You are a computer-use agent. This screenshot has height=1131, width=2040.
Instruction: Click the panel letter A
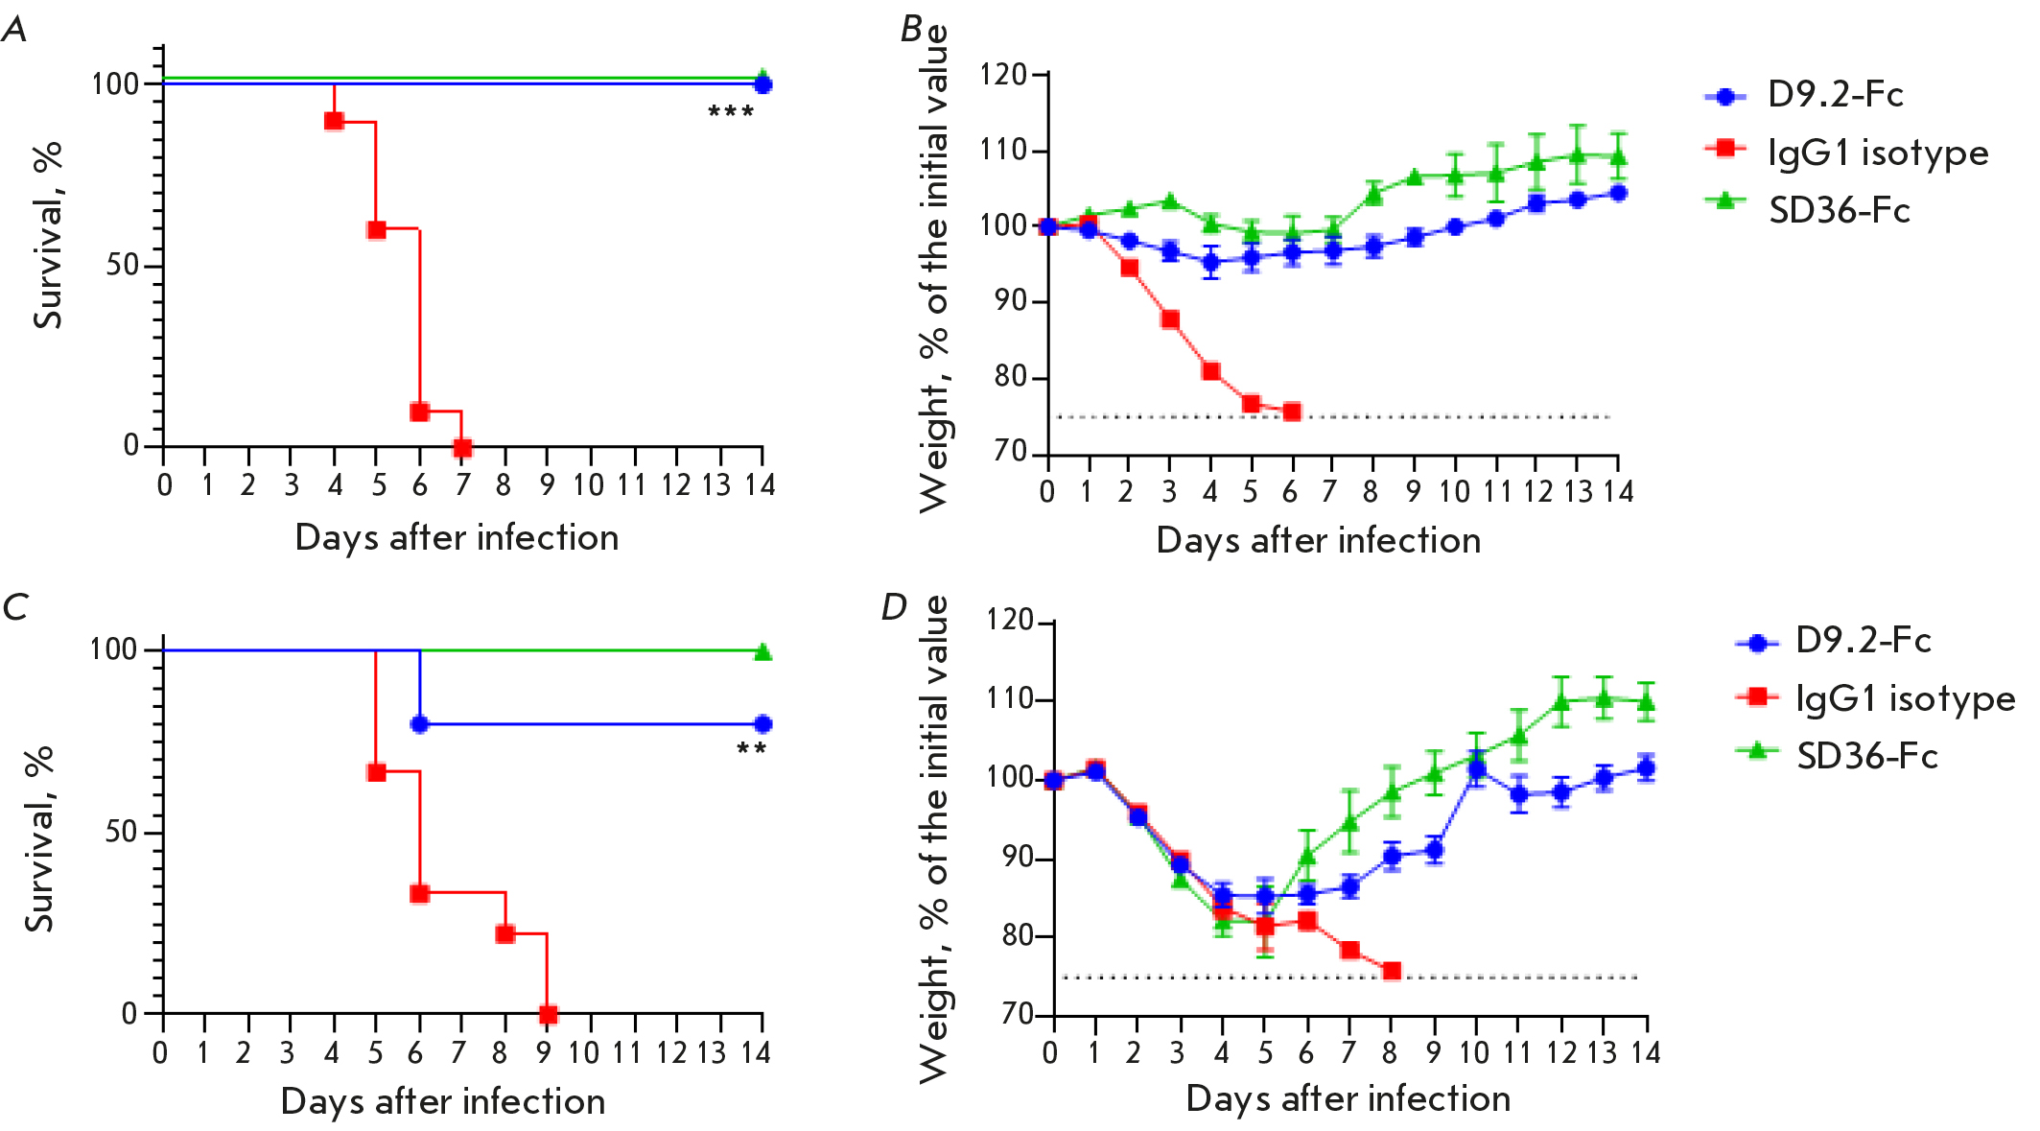pyautogui.click(x=14, y=30)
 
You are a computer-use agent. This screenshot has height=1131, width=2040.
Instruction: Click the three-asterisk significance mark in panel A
pyautogui.click(x=731, y=113)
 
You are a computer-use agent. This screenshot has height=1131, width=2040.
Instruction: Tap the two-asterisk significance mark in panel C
pyautogui.click(x=751, y=749)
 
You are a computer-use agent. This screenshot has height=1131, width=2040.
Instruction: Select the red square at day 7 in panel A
pyautogui.click(x=462, y=448)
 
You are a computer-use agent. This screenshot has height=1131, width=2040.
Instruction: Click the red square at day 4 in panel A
pyautogui.click(x=334, y=121)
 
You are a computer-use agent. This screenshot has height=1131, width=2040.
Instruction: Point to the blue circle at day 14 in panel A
pyautogui.click(x=762, y=84)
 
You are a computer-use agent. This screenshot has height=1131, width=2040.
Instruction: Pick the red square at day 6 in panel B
pyautogui.click(x=1292, y=412)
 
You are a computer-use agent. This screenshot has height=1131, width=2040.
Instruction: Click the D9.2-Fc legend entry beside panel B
pyautogui.click(x=1803, y=95)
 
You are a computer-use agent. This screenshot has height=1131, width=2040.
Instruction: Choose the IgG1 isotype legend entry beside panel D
pyautogui.click(x=1875, y=698)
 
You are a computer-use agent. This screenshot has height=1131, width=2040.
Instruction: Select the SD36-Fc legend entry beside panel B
pyautogui.click(x=1808, y=210)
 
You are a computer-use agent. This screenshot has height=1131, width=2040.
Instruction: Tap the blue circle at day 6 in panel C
pyautogui.click(x=419, y=724)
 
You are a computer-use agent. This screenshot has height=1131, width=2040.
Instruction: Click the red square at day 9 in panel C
pyautogui.click(x=548, y=1014)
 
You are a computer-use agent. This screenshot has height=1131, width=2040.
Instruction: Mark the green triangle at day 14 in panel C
pyautogui.click(x=762, y=652)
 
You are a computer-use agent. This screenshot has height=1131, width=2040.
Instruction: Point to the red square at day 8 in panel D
pyautogui.click(x=1392, y=972)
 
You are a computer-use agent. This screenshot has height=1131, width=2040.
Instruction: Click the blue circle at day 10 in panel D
pyautogui.click(x=1477, y=768)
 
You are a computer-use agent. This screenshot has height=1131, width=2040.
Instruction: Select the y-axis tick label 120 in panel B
pyautogui.click(x=1003, y=75)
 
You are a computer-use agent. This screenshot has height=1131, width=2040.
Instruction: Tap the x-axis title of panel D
pyautogui.click(x=1348, y=1098)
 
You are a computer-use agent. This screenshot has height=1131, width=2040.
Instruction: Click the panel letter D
pyautogui.click(x=894, y=607)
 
